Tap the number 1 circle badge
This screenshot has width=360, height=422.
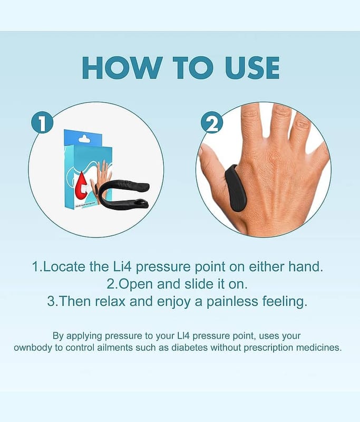(x=42, y=122)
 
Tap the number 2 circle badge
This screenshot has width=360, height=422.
(x=212, y=122)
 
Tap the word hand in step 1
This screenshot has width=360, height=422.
(x=306, y=266)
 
